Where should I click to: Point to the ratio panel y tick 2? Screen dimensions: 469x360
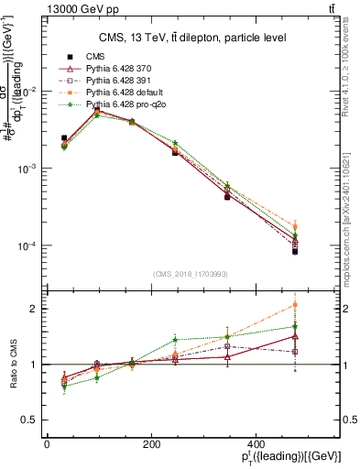click(x=32, y=309)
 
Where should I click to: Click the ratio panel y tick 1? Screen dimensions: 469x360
click(x=32, y=365)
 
